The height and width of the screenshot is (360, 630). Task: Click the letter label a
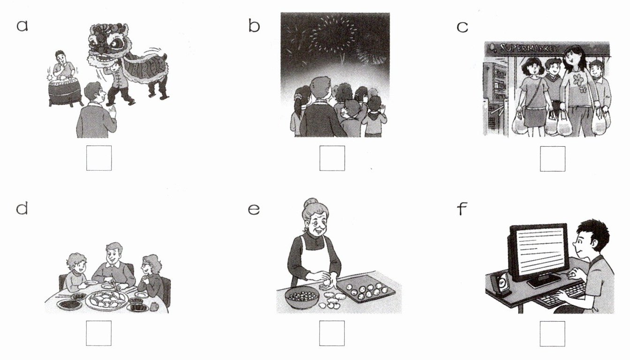22,26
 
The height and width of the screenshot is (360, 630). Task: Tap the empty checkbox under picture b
332,158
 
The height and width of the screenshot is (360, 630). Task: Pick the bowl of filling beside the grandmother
302,297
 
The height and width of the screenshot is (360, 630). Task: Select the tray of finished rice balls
366,289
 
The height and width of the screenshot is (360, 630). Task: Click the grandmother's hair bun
310,202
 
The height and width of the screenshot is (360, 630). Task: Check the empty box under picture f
553,334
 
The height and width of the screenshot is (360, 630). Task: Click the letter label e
254,210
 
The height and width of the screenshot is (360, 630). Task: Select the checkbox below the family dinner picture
99,333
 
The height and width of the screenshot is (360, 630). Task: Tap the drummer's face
60,57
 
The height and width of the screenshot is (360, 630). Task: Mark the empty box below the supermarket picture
553,159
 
